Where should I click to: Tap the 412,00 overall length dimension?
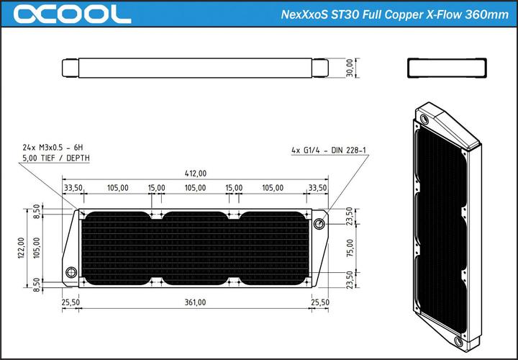click(x=195, y=173)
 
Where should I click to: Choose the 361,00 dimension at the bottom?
click(x=195, y=302)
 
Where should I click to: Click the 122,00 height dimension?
click(x=21, y=248)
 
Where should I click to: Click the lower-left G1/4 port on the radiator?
click(x=71, y=273)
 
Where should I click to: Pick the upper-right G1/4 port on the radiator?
click(x=319, y=223)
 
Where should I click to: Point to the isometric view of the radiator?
click(x=446, y=216)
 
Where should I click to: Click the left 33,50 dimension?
click(x=73, y=187)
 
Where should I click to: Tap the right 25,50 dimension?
click(x=320, y=302)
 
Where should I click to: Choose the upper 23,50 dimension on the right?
click(x=349, y=215)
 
